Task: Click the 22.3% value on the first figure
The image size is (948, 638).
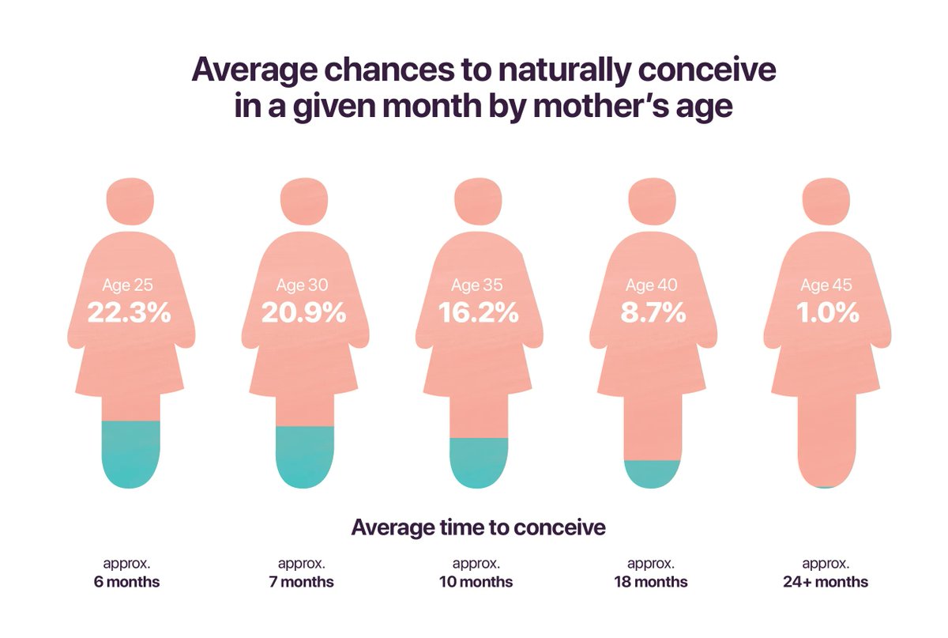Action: (130, 312)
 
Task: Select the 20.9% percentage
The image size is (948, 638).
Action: (304, 312)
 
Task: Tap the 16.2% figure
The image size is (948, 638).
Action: (478, 312)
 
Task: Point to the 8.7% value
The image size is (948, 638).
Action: (652, 312)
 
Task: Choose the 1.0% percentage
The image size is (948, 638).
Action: (826, 312)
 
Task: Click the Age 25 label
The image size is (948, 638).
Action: (129, 285)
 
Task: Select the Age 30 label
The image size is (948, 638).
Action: (303, 285)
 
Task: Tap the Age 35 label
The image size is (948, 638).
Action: (477, 285)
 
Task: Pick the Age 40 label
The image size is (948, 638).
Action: (652, 285)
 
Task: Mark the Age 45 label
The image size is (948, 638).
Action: (826, 285)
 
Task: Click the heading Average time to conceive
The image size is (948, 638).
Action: (478, 527)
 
